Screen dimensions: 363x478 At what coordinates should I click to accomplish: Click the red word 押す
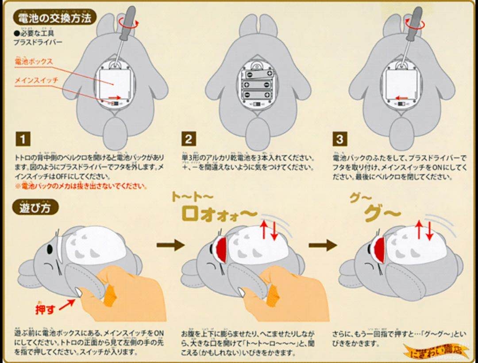click(x=45, y=308)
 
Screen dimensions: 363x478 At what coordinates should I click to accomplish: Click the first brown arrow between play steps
click(x=170, y=245)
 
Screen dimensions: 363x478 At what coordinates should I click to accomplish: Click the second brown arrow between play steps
click(x=323, y=245)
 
